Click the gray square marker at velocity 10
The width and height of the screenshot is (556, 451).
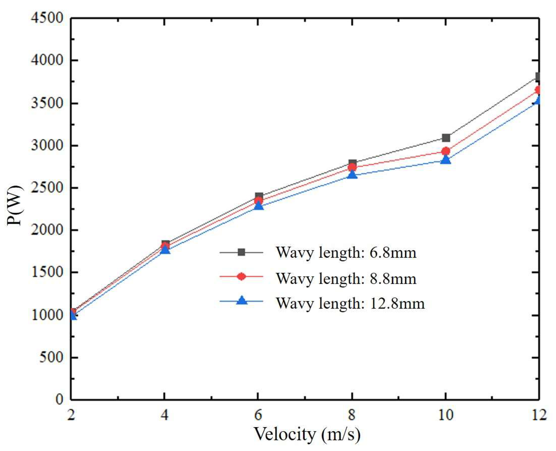click(446, 138)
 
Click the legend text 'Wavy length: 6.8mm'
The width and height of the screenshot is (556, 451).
click(346, 252)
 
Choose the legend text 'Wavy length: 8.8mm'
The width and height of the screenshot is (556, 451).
click(346, 278)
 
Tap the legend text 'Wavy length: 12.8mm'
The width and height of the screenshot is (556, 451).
click(350, 303)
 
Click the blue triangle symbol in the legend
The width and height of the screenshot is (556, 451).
click(242, 301)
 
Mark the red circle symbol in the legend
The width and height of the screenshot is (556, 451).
click(241, 276)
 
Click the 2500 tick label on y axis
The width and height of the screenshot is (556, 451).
click(47, 188)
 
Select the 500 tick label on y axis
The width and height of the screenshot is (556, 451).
click(51, 358)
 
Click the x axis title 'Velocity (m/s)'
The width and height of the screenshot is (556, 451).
click(307, 434)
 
